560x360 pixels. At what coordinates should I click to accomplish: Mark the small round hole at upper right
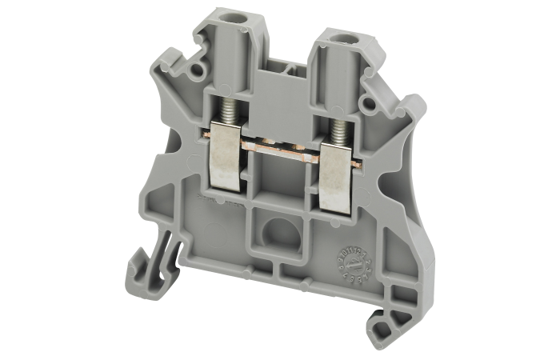(x=367, y=102)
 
